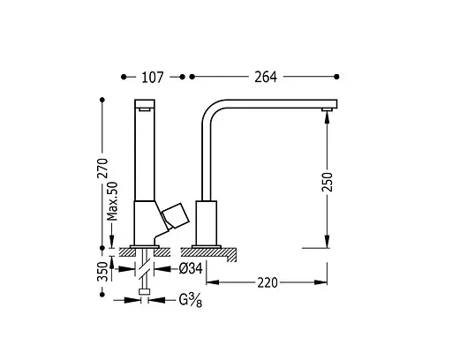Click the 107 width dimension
152,78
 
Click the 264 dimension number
266,78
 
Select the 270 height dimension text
103,169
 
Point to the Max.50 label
112,201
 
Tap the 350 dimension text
103,271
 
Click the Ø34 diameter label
191,268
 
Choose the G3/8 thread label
191,301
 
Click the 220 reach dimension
267,282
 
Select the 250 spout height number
327,183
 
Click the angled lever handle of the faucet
176,215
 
